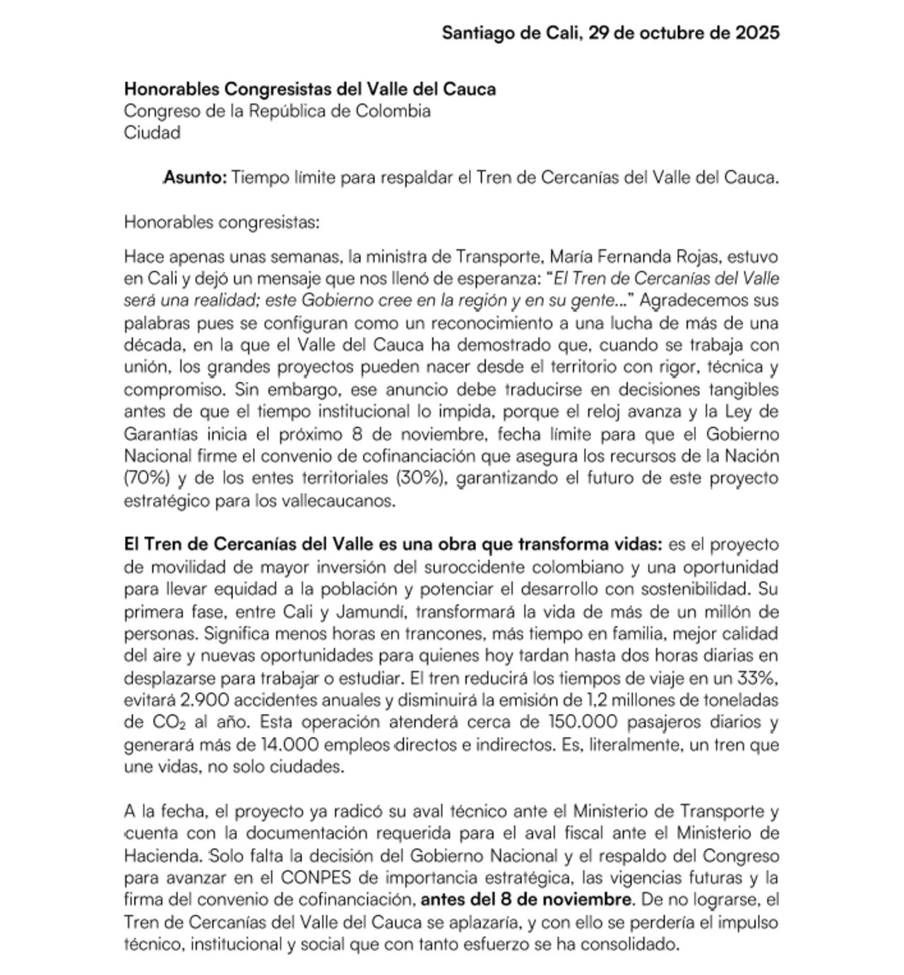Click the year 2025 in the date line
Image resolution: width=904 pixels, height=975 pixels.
(x=757, y=33)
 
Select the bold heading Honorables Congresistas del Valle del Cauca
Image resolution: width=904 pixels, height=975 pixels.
(x=310, y=89)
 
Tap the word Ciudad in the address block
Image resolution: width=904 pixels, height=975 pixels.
(x=152, y=133)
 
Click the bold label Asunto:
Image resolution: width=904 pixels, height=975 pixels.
(x=196, y=178)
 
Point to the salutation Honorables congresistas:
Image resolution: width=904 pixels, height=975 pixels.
(x=222, y=222)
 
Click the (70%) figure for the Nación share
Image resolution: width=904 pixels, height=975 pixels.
(x=147, y=478)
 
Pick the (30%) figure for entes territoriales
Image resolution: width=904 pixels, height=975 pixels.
(x=422, y=478)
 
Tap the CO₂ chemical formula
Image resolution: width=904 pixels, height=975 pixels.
(x=169, y=723)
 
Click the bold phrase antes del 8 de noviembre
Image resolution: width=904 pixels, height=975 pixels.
(x=526, y=900)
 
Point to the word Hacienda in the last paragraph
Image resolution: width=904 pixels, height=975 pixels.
(x=162, y=856)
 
